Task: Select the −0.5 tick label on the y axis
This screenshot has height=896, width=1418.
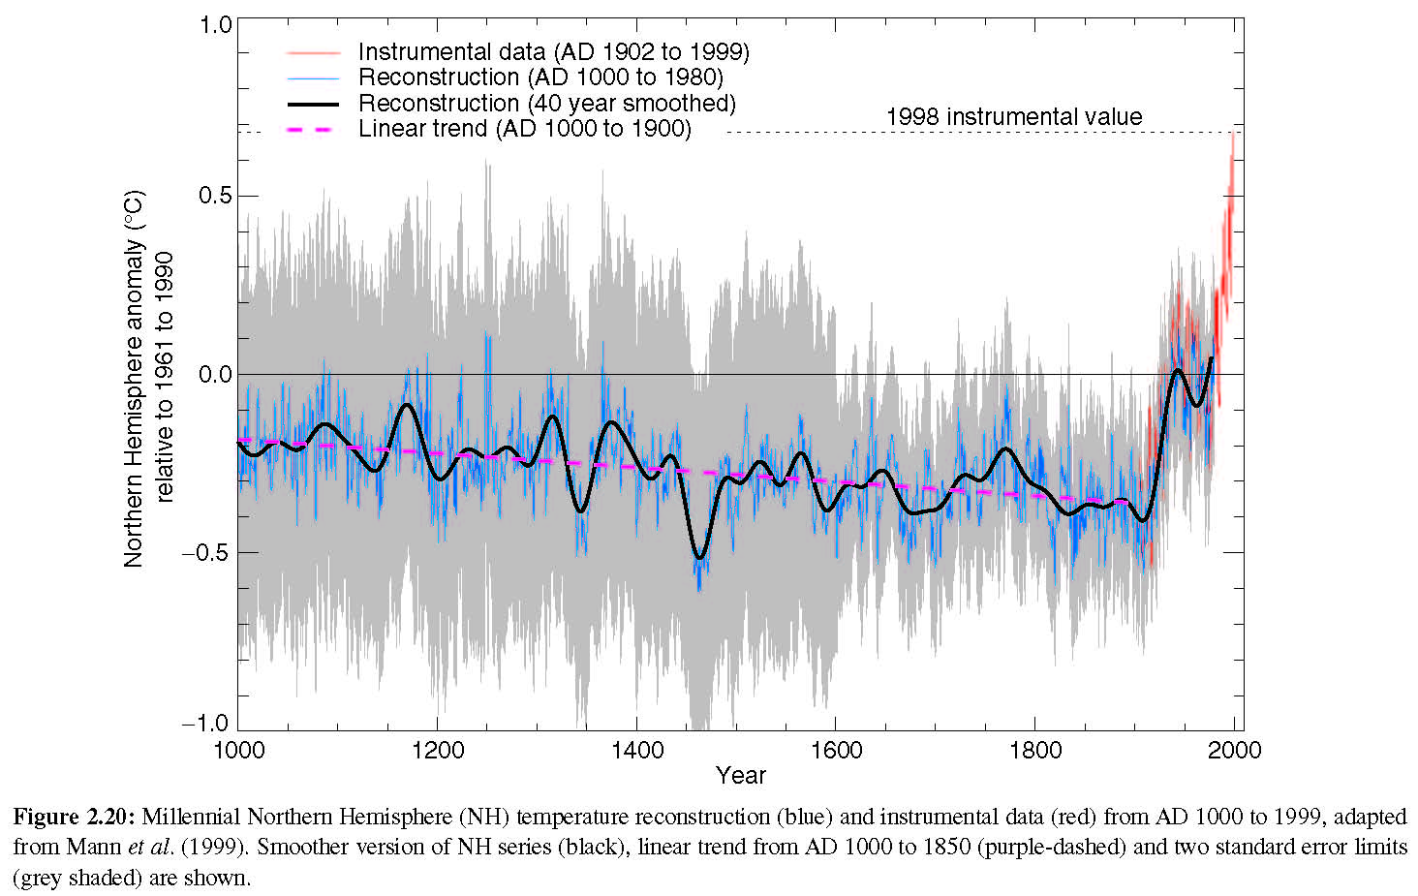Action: tap(207, 552)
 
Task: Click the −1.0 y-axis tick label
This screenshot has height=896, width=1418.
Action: tap(207, 724)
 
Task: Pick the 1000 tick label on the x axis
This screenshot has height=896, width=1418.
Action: tap(237, 751)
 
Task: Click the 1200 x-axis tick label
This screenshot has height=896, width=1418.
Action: tap(437, 751)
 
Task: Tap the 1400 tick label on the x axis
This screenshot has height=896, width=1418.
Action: tap(636, 751)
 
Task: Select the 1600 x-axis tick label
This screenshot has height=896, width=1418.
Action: tap(836, 751)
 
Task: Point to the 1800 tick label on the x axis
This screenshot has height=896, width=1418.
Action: tap(1035, 751)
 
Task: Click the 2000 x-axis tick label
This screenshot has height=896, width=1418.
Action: tap(1235, 751)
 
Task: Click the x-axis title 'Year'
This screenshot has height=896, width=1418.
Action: tap(741, 776)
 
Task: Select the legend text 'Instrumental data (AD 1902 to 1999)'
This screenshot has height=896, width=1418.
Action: tap(553, 52)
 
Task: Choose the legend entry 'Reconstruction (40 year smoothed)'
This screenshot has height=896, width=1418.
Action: tap(546, 104)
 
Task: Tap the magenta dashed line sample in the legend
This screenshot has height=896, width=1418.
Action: tap(312, 129)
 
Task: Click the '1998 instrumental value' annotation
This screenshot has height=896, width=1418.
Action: tap(1013, 117)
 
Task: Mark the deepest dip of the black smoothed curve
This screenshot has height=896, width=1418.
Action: tap(699, 558)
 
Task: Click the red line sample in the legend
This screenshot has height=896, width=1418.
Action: tap(312, 52)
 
